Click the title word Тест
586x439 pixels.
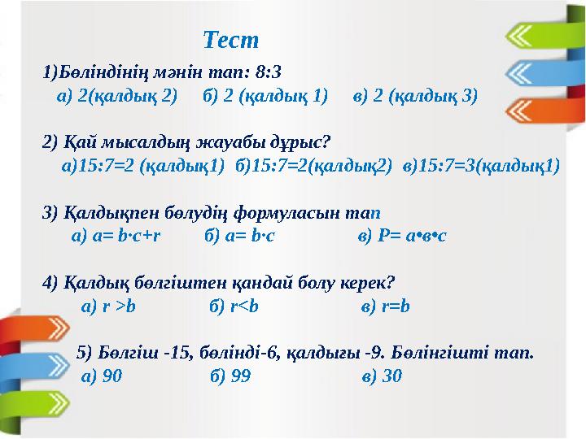point(230,39)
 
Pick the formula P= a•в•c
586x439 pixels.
point(402,237)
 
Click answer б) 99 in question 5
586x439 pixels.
point(230,376)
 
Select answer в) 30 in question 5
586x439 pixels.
point(381,376)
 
